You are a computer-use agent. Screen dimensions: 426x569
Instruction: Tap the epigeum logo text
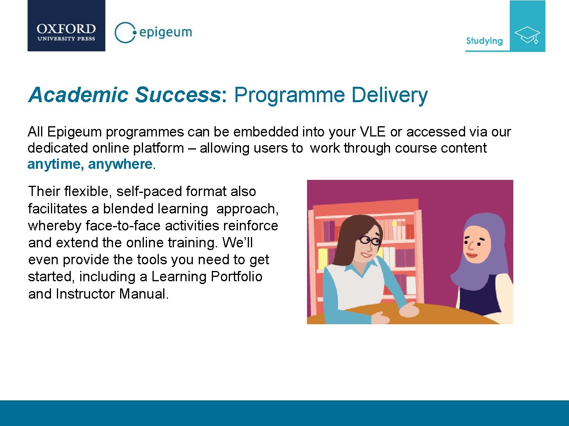coord(165,32)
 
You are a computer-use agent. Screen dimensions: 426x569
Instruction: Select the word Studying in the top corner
coord(484,41)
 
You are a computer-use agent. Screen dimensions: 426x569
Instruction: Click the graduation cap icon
coord(527,35)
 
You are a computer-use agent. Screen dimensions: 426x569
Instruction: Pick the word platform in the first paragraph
coord(158,148)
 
